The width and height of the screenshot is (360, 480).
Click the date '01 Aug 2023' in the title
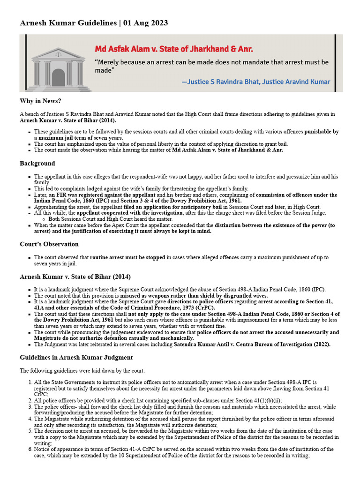tap(145, 23)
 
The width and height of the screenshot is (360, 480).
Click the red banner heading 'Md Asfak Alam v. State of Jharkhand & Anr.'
tap(174, 49)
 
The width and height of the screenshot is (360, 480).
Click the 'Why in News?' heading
tap(40, 101)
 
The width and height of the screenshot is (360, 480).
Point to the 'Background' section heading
tap(37, 163)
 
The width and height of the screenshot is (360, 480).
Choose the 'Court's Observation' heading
tap(49, 244)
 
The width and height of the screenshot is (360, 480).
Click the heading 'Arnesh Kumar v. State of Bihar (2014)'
tap(75, 277)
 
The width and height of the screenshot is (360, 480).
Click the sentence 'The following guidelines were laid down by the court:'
tap(86, 370)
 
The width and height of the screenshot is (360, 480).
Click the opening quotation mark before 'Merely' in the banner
tap(97, 62)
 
